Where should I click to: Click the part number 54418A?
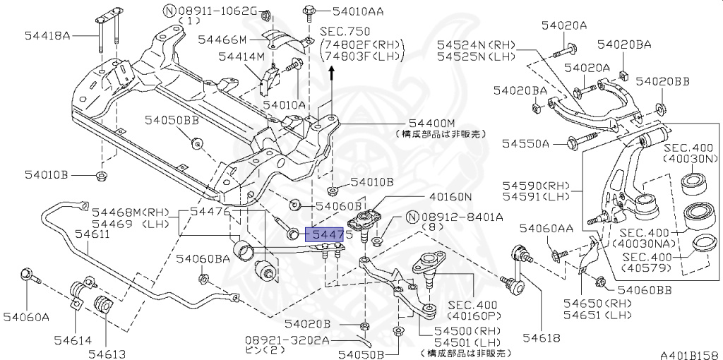[x=47, y=35]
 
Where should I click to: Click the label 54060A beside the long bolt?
[x=25, y=317]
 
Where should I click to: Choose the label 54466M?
[x=222, y=39]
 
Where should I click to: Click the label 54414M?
[x=241, y=56]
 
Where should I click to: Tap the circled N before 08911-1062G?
[x=169, y=11]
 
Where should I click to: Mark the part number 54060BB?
[x=644, y=289]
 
